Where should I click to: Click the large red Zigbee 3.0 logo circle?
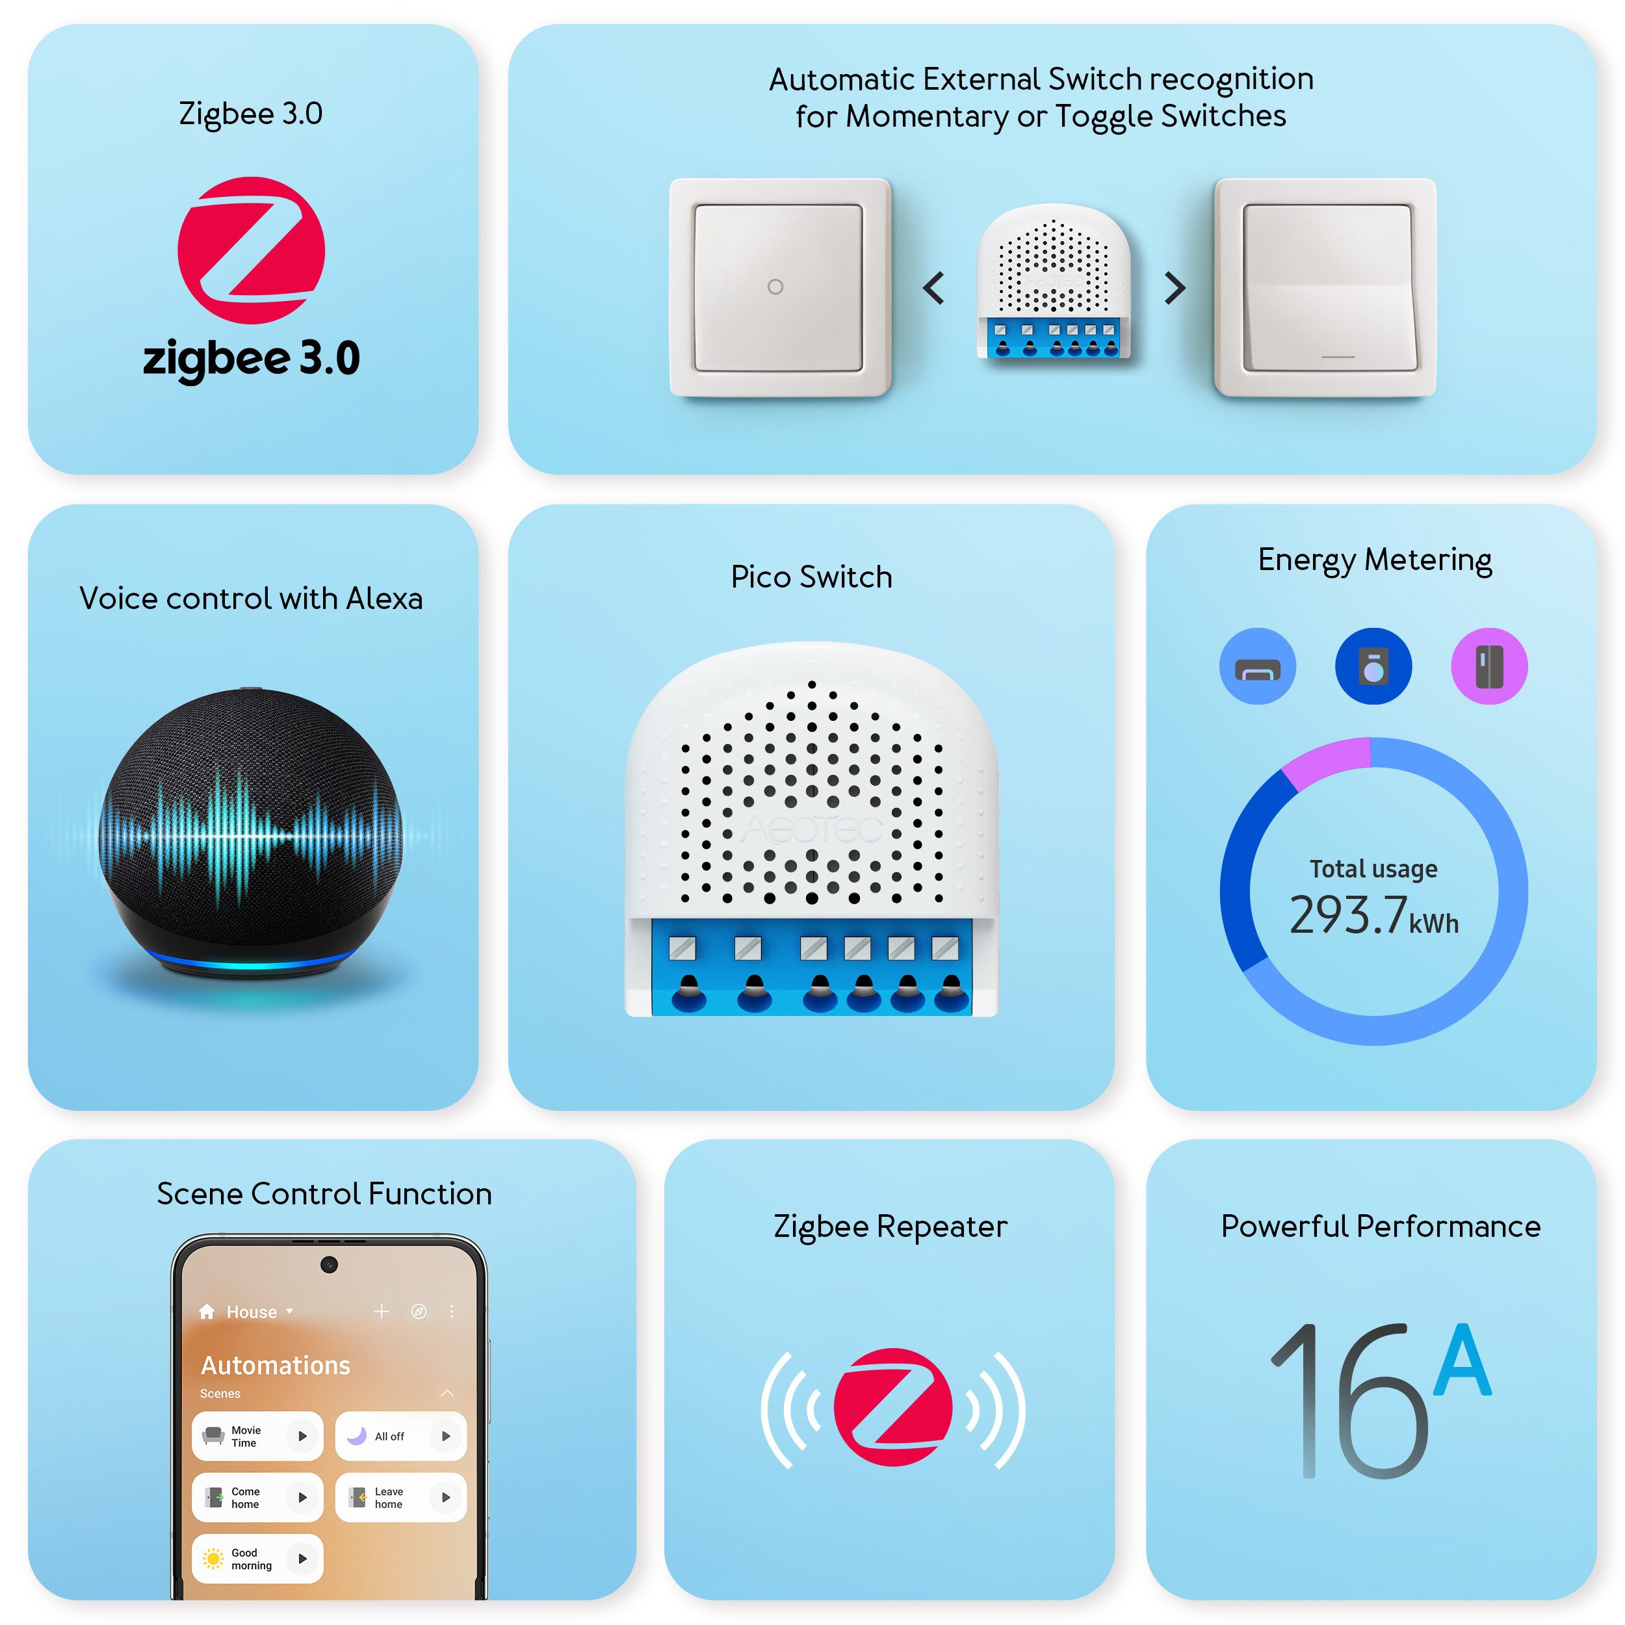[251, 250]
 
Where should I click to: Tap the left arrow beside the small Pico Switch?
[933, 288]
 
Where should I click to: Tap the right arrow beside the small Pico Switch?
[1175, 288]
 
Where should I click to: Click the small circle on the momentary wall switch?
[775, 287]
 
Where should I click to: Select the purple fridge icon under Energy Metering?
[1488, 666]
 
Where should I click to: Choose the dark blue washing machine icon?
[1373, 666]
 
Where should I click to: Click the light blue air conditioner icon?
[1258, 666]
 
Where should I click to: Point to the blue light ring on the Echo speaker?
[251, 961]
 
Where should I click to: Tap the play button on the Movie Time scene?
[302, 1436]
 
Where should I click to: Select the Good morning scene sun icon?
[214, 1559]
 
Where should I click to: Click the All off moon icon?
[357, 1436]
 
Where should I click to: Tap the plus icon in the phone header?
[381, 1311]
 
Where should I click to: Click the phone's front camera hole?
[329, 1264]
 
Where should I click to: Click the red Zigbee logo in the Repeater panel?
[892, 1407]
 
